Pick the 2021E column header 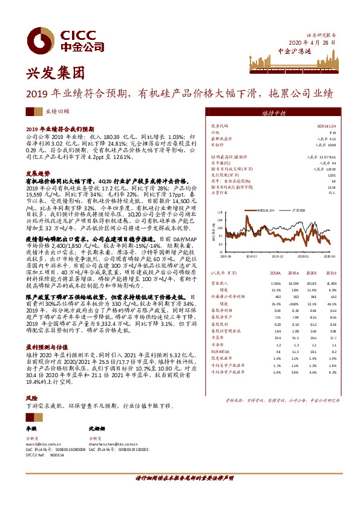tap(329, 273)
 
